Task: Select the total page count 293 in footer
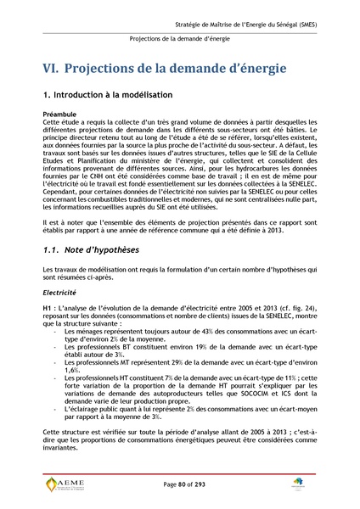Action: (200, 484)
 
